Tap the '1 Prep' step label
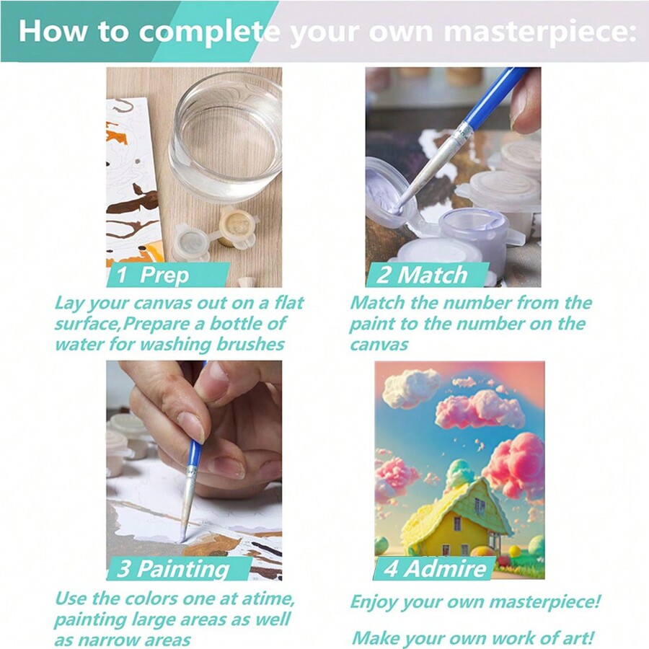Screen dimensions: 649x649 coord(153,275)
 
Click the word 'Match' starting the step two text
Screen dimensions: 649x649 coord(376,303)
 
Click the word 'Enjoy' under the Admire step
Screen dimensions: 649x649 coord(376,601)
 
